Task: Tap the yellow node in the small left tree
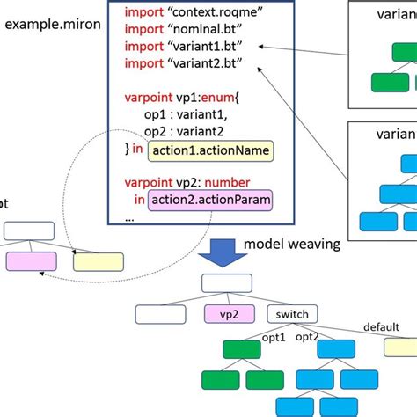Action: [98, 260]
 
